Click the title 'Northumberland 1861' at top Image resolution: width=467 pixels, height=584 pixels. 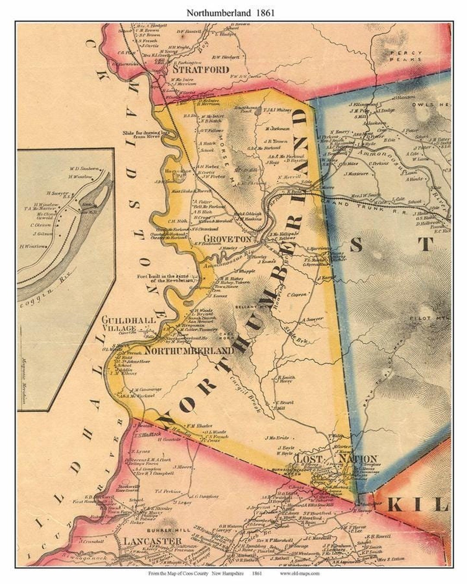coord(230,13)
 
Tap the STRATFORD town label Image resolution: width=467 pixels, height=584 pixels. coord(201,69)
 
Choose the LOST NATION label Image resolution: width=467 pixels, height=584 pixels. coord(336,459)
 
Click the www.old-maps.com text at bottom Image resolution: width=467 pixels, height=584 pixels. coord(300,574)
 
